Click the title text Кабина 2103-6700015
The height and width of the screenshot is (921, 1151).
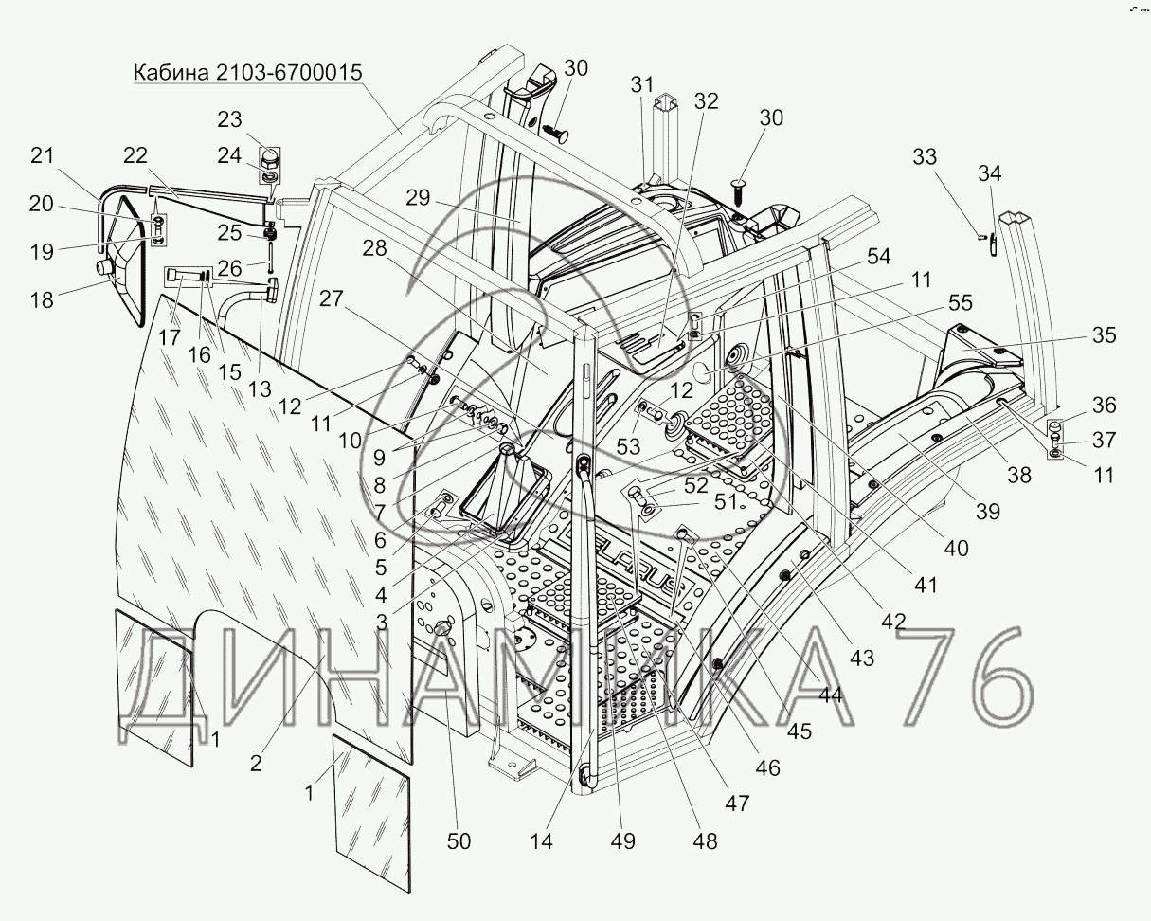coord(248,73)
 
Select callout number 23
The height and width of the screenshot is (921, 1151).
coord(230,120)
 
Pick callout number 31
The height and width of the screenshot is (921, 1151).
coord(643,84)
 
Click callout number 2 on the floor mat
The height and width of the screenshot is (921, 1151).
coord(256,765)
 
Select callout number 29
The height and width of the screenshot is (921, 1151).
coord(418,199)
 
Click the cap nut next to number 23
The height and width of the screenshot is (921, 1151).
coord(268,155)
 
